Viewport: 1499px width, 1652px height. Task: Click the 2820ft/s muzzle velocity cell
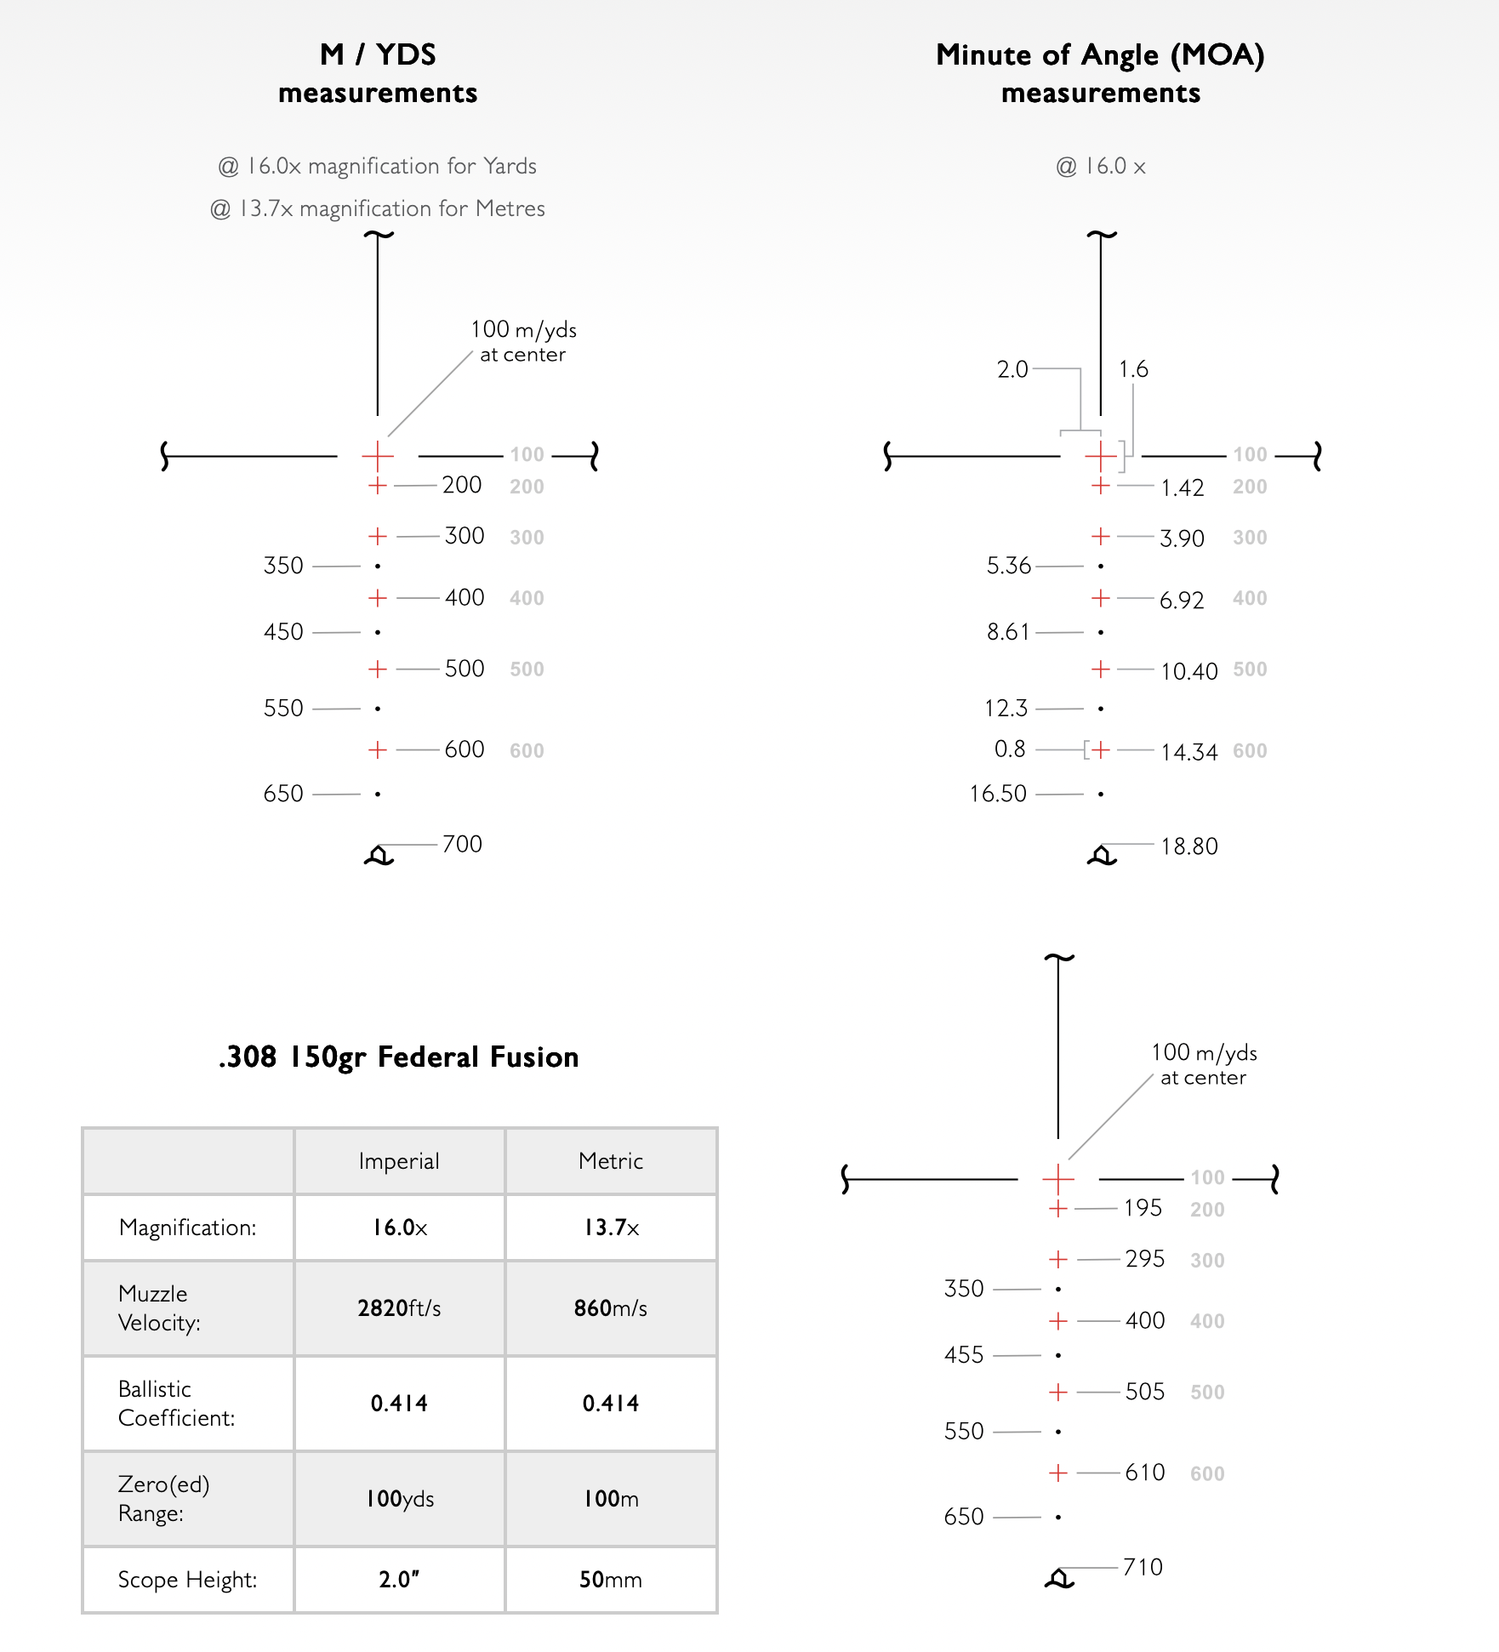tap(399, 1307)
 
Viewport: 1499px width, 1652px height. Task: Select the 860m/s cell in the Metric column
tap(610, 1307)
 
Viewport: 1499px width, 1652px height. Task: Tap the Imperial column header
tap(399, 1161)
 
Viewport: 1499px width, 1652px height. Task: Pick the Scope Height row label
tap(187, 1580)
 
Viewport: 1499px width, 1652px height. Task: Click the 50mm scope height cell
tap(610, 1580)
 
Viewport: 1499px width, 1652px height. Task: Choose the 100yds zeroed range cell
tap(399, 1498)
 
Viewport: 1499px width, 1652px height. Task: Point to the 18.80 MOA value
tap(1188, 846)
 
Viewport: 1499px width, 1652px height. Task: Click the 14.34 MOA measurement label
tap(1188, 752)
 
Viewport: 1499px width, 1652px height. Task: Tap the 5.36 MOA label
tap(1008, 566)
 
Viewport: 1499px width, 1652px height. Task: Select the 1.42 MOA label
tap(1182, 488)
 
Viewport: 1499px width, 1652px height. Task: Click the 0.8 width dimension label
tap(1010, 749)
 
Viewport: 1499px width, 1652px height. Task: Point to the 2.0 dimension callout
tap(1012, 369)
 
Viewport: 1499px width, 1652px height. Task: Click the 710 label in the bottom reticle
tap(1143, 1567)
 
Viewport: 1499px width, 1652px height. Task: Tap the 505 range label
tap(1144, 1392)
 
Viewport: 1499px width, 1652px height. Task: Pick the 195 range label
tap(1143, 1208)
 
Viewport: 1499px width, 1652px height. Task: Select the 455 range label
tap(963, 1355)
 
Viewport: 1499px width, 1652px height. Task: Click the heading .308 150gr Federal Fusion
tap(398, 1057)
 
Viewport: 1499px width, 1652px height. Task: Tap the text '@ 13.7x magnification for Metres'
tap(377, 208)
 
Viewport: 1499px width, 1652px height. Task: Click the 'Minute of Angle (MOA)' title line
tap(1100, 55)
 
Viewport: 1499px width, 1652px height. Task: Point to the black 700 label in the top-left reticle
tap(462, 844)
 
